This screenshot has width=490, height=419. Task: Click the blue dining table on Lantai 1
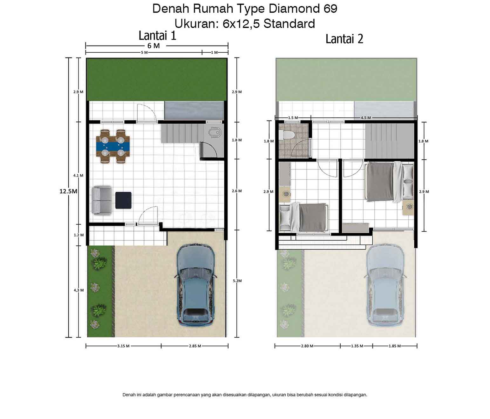[113, 146]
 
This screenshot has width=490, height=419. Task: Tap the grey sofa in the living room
[102, 200]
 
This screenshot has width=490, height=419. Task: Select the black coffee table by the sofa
[123, 200]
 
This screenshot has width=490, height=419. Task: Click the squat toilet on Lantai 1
[215, 133]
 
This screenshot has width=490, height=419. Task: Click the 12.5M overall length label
[68, 191]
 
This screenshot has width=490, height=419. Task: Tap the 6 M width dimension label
[153, 46]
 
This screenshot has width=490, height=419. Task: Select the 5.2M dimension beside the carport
[237, 281]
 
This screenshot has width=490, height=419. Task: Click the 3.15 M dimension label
[123, 346]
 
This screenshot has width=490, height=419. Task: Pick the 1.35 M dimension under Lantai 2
[357, 346]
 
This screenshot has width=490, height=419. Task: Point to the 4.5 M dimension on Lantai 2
[366, 118]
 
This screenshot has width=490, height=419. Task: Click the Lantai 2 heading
[344, 39]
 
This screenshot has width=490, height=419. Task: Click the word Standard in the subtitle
[289, 24]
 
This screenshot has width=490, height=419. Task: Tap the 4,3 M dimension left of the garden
[79, 290]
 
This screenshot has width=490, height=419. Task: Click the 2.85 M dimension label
[195, 346]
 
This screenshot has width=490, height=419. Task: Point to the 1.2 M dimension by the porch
[79, 235]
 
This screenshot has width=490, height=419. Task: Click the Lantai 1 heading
[157, 36]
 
